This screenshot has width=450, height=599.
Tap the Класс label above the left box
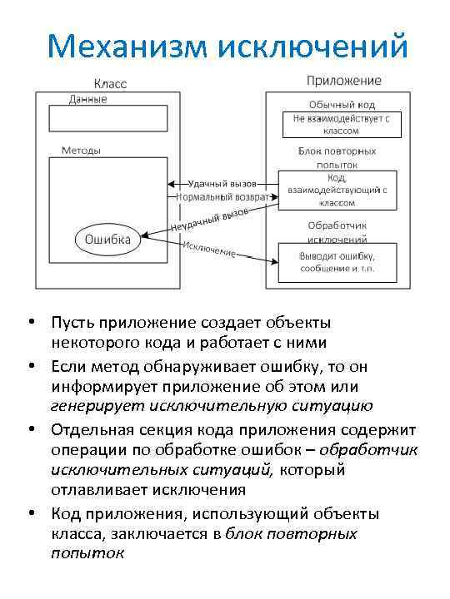109,85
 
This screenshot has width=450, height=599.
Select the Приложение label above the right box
344,82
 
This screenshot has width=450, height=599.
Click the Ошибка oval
106,240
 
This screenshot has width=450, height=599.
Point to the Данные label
87,98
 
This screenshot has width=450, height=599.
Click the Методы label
81,151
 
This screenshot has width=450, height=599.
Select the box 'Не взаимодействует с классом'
342,125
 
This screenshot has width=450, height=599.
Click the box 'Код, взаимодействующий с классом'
337,190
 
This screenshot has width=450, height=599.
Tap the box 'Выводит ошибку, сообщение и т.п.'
337,261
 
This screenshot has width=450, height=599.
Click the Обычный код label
342,105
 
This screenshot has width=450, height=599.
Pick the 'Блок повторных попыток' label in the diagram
337,157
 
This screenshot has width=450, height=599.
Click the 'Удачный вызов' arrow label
222,183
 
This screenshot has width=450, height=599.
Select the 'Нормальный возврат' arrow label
222,197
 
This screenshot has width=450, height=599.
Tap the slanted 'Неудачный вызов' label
210,220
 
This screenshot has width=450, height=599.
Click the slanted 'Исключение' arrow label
209,248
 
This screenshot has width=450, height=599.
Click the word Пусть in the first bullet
72,323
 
